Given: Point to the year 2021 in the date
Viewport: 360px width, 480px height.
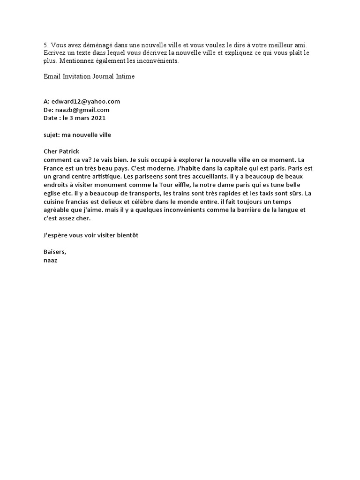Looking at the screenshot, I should point(97,118).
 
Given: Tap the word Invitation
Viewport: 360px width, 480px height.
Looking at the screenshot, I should point(79,76).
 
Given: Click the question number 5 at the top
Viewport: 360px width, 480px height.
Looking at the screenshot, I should point(45,45).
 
